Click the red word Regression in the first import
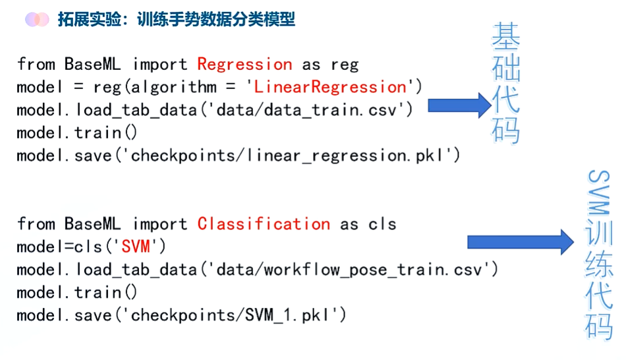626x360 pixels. click(244, 64)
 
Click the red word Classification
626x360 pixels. click(264, 224)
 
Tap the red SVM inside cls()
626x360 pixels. click(139, 247)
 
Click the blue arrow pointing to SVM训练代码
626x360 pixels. click(520, 242)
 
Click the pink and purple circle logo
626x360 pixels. click(37, 19)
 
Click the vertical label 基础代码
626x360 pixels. click(505, 84)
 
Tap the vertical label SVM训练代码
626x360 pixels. click(600, 254)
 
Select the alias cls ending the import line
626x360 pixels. click(382, 224)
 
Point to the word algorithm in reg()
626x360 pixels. click(173, 87)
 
